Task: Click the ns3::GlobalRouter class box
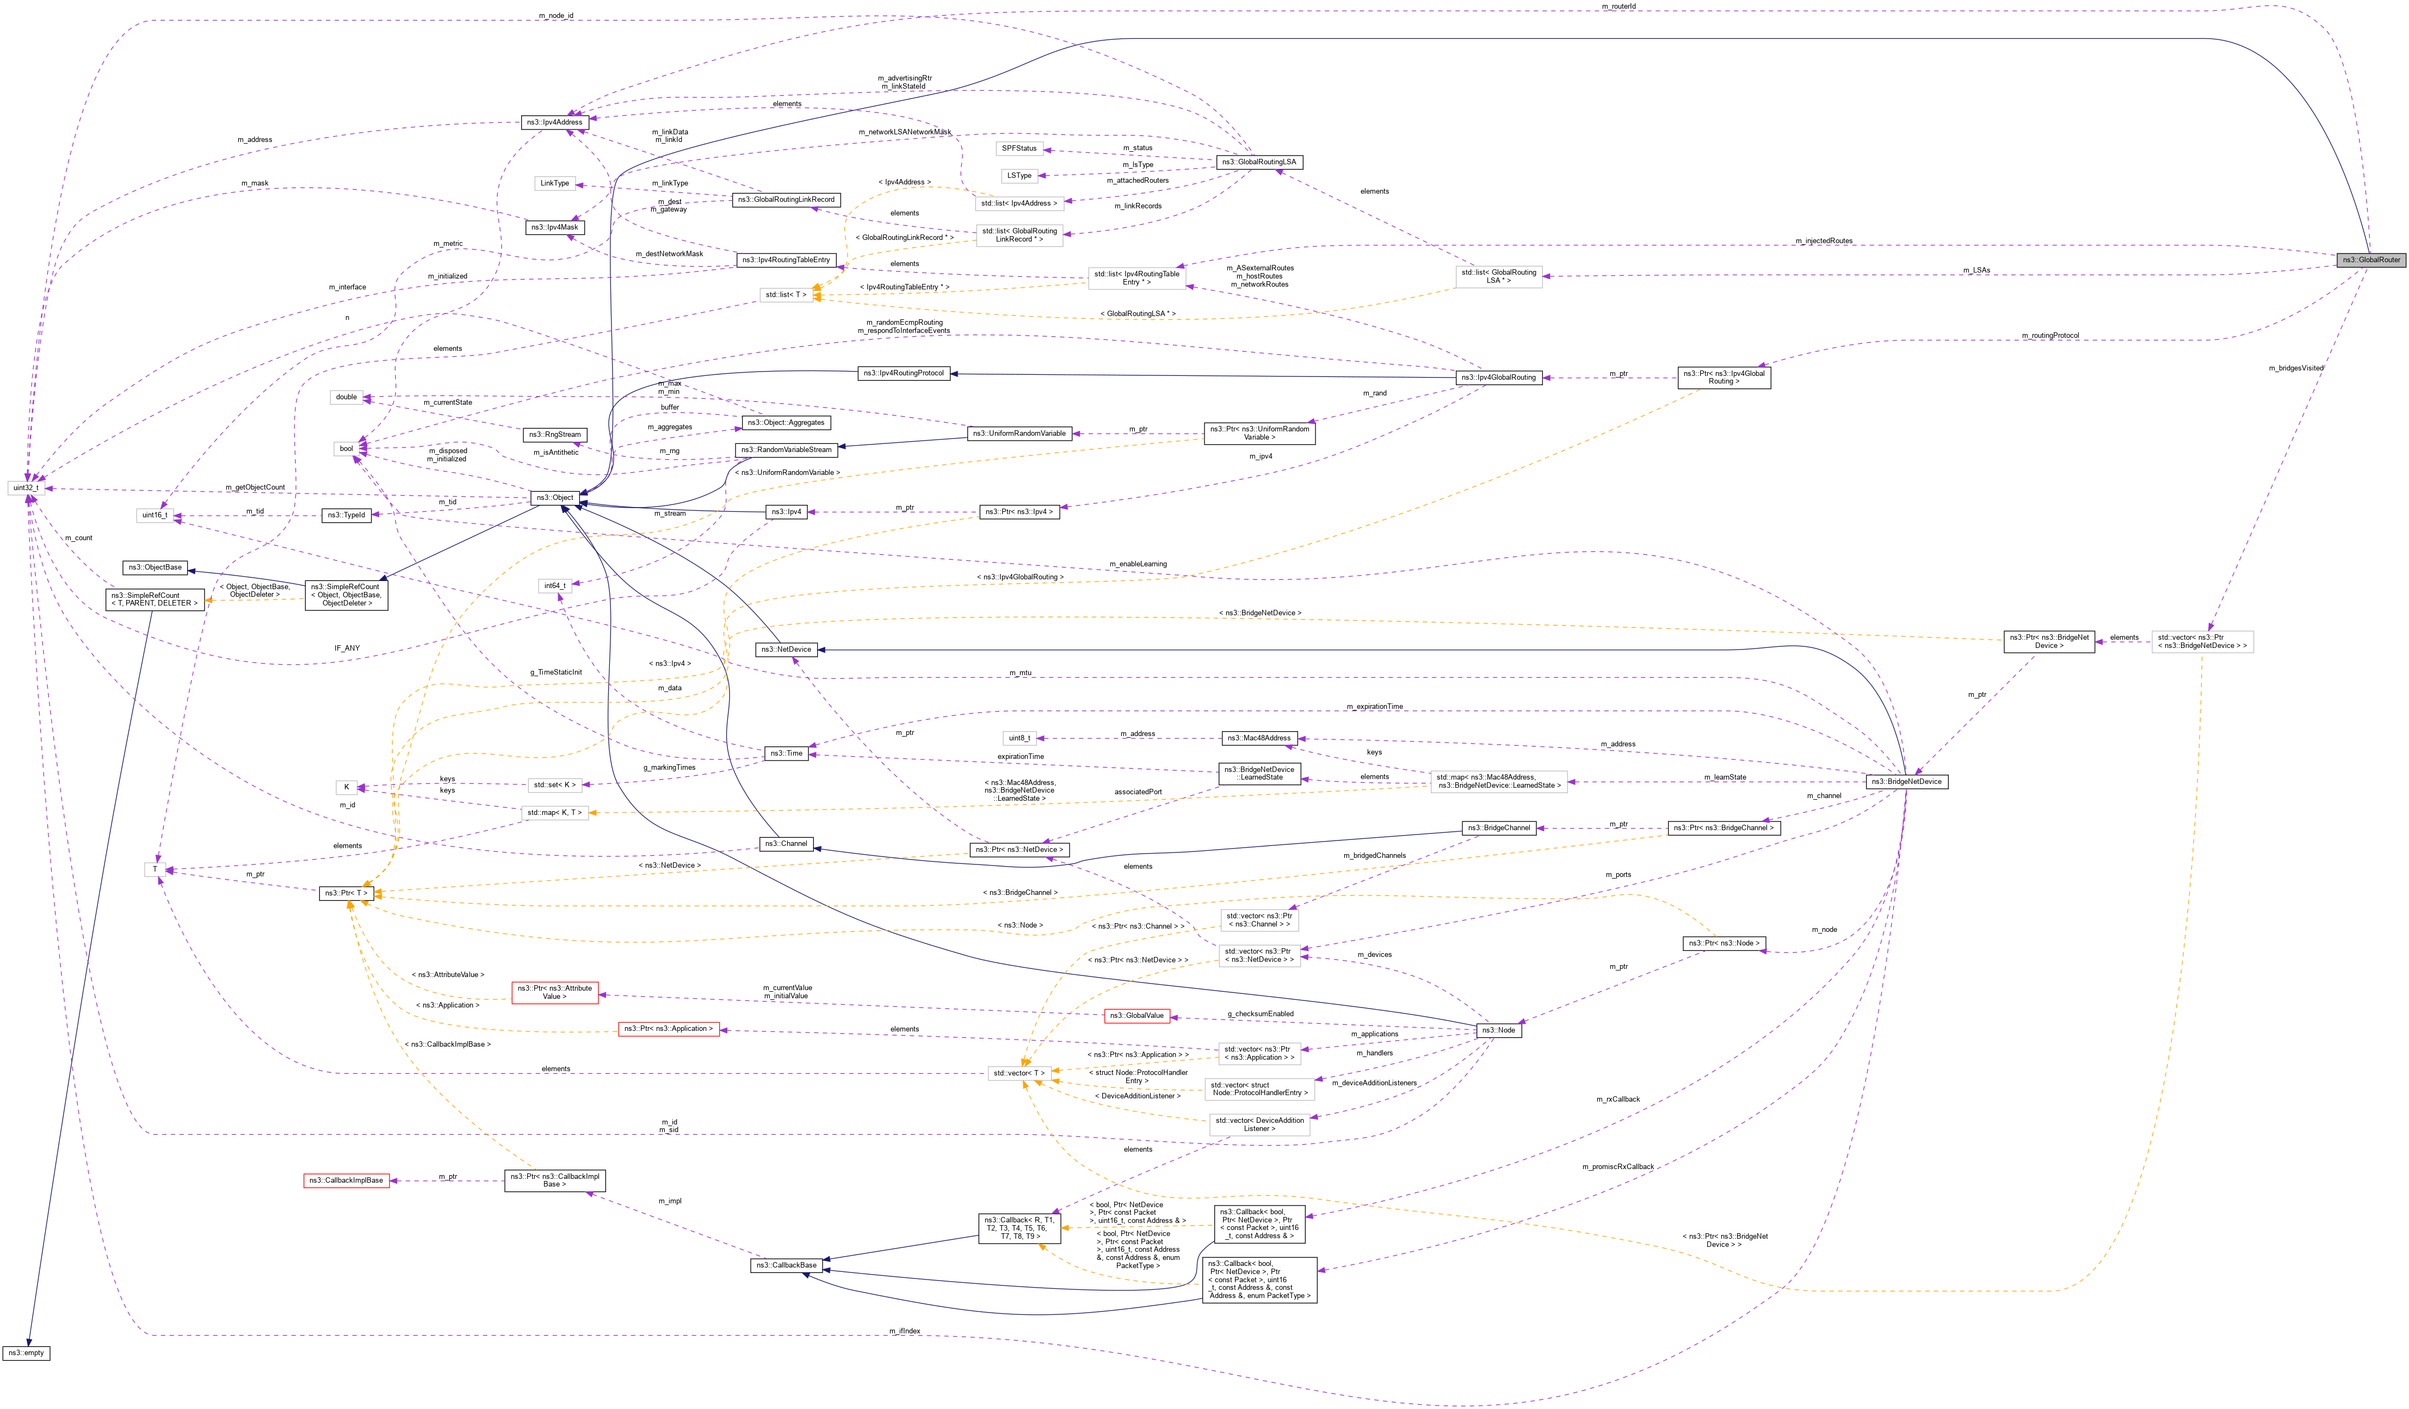point(2371,260)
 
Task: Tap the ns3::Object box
point(554,497)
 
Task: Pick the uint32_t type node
point(26,487)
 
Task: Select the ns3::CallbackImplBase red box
point(346,1181)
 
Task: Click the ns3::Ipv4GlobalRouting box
point(1498,378)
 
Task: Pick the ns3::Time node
point(787,753)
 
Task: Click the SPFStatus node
point(1019,148)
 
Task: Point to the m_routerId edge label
point(1619,7)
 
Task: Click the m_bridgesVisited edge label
point(2295,368)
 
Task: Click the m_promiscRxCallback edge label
point(1617,1167)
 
